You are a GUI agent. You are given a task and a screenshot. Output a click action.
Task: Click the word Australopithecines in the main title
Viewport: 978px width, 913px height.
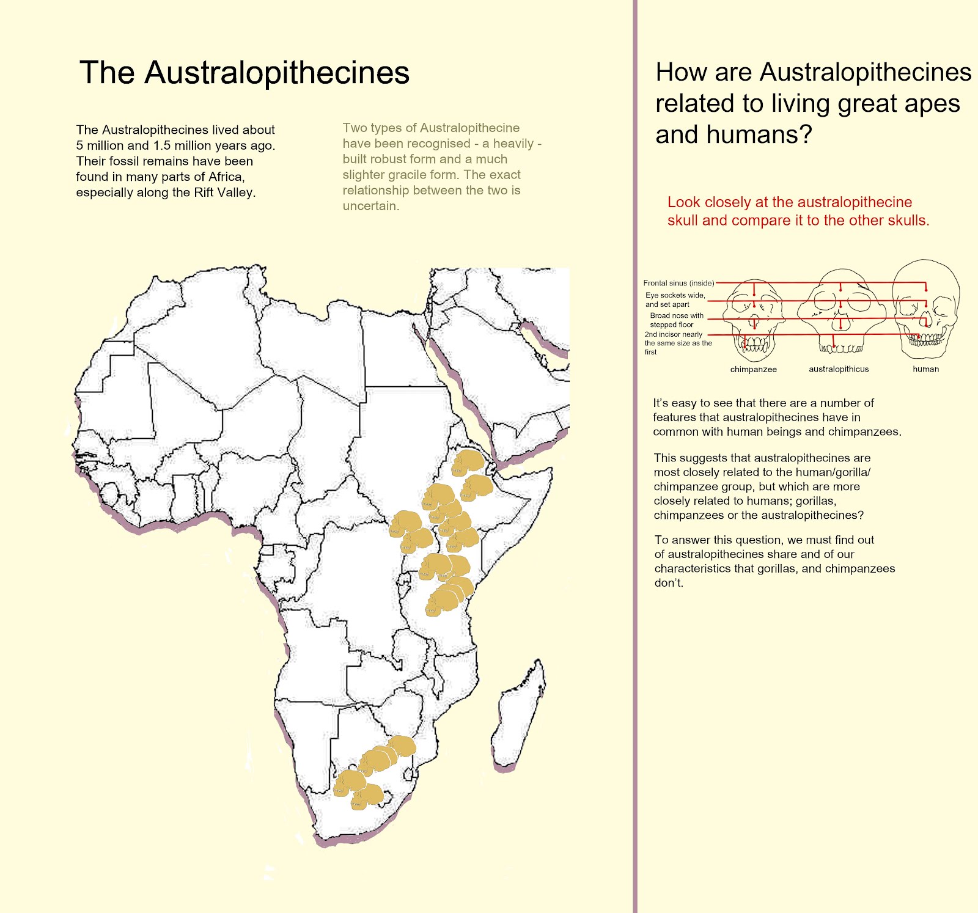pyautogui.click(x=276, y=73)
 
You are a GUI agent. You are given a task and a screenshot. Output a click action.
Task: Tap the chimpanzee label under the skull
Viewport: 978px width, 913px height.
pyautogui.click(x=753, y=369)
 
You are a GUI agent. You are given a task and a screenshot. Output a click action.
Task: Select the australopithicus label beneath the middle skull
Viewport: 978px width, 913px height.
pyautogui.click(x=838, y=369)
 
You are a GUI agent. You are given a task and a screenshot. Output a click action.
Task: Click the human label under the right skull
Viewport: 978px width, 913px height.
pyautogui.click(x=925, y=369)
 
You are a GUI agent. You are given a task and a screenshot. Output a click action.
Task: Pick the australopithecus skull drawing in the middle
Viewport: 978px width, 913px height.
pyautogui.click(x=840, y=312)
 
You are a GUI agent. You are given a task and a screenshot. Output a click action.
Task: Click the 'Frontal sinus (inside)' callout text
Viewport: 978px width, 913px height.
pyautogui.click(x=678, y=283)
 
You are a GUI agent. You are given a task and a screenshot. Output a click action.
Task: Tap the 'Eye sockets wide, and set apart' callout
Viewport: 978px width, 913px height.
pyautogui.click(x=675, y=299)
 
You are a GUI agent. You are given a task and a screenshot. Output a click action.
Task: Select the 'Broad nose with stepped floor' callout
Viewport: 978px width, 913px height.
pyautogui.click(x=676, y=320)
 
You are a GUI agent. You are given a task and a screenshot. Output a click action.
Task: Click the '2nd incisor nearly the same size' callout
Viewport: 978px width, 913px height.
pyautogui.click(x=677, y=343)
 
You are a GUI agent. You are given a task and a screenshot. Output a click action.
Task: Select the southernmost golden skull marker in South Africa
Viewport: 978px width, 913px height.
pyautogui.click(x=367, y=798)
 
